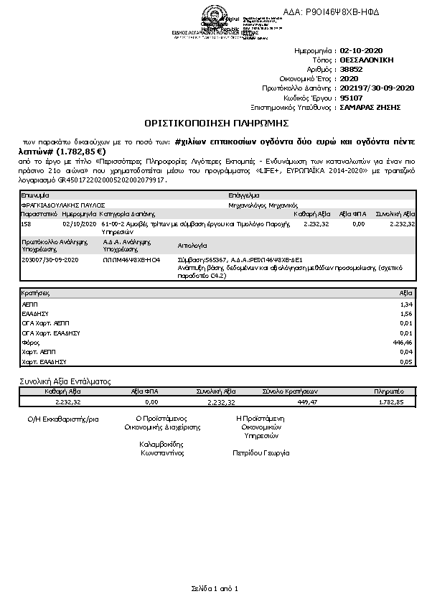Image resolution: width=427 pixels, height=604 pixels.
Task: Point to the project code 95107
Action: click(x=351, y=97)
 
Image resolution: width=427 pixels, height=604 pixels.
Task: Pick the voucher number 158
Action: click(x=27, y=224)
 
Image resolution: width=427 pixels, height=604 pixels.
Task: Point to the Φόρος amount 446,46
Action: click(x=405, y=343)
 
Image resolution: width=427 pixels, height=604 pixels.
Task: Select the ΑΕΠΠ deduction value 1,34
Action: click(x=408, y=305)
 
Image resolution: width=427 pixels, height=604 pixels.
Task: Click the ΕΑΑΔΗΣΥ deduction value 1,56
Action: click(x=408, y=315)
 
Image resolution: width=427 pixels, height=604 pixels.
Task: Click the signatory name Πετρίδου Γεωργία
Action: click(x=261, y=453)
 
